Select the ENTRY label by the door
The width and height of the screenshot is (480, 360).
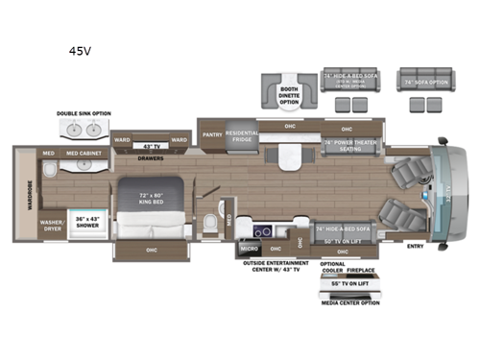point(414,245)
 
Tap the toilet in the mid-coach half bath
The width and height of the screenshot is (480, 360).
point(210,224)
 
